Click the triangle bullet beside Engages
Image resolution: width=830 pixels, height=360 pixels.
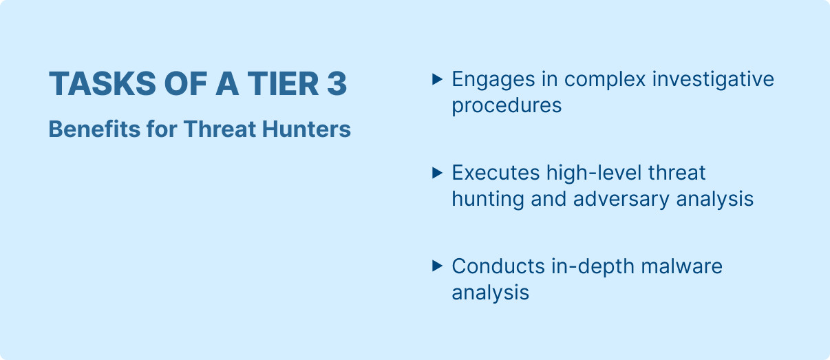click(436, 79)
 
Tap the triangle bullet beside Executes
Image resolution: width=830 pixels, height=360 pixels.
click(436, 173)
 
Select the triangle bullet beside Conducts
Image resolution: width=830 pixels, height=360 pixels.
click(436, 266)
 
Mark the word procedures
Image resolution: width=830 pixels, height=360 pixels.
click(507, 106)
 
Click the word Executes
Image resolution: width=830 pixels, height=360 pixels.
click(496, 173)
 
